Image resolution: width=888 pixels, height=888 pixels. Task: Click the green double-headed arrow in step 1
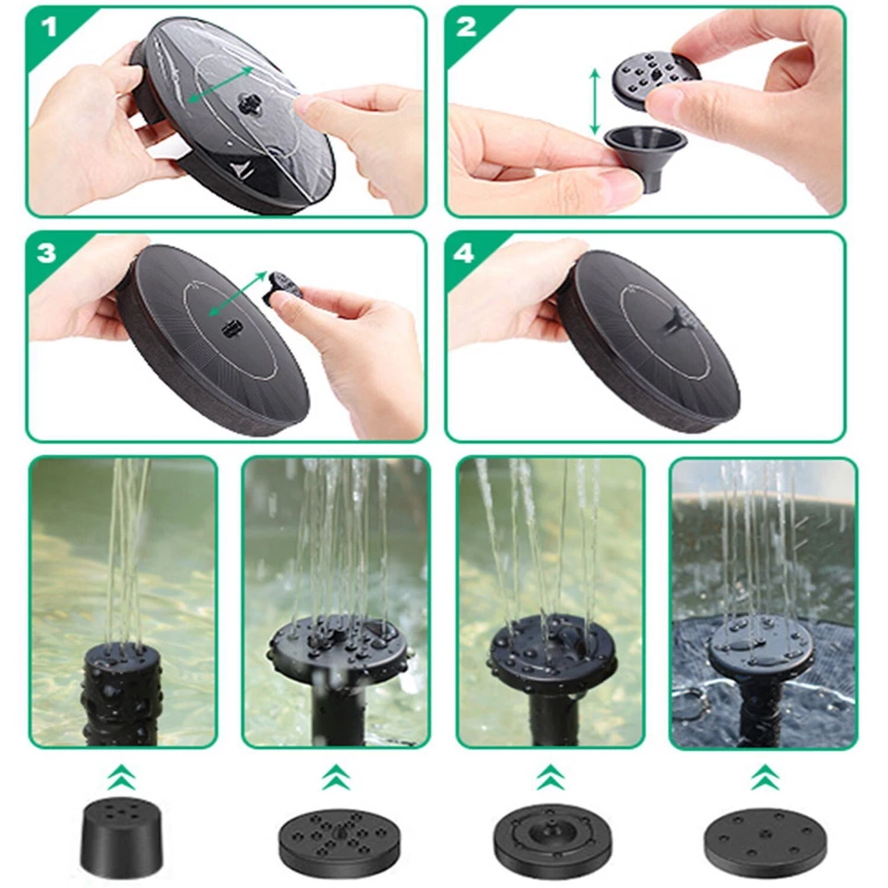(x=219, y=84)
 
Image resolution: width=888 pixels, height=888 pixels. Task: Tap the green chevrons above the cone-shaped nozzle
(x=120, y=777)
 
